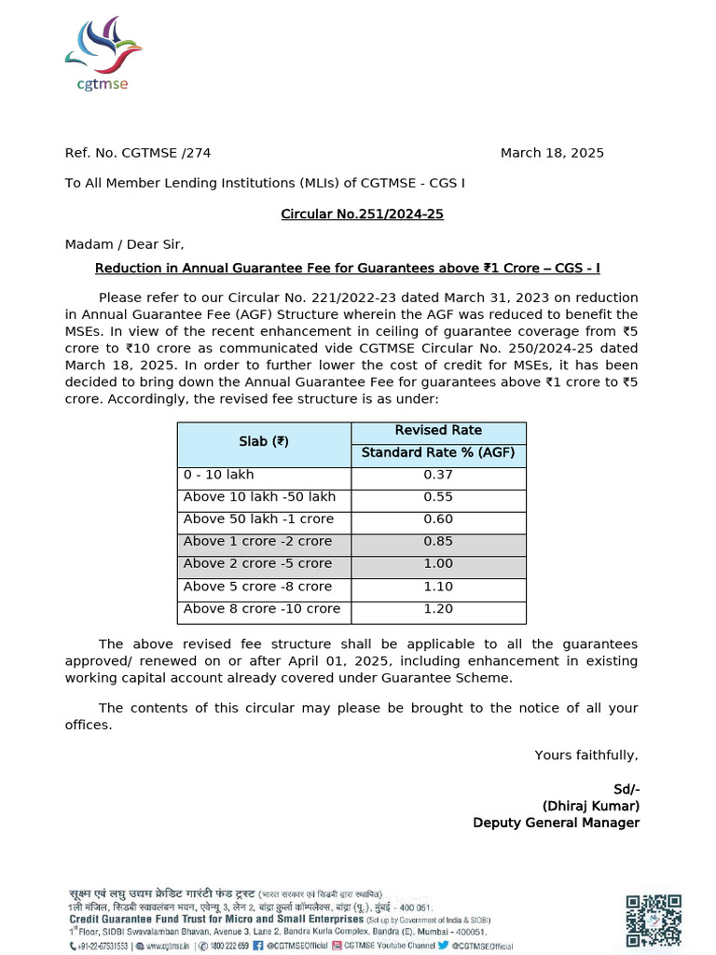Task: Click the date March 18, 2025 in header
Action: click(x=552, y=153)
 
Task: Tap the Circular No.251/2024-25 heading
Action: click(x=362, y=215)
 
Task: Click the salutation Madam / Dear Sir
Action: click(x=125, y=244)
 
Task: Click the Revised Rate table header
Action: click(x=438, y=431)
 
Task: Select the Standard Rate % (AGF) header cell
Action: click(x=438, y=454)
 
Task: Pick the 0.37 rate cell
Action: click(x=438, y=475)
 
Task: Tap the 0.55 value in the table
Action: click(x=438, y=497)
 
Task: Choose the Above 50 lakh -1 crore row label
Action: click(x=258, y=519)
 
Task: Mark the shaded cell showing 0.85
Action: click(x=438, y=542)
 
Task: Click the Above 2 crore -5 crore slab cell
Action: click(x=257, y=564)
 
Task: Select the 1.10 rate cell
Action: click(x=438, y=587)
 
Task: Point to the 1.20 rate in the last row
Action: click(x=438, y=609)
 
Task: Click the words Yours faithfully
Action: click(x=586, y=754)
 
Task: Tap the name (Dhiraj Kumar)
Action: click(x=591, y=806)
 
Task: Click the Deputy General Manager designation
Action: click(x=556, y=823)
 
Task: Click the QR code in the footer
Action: click(x=653, y=920)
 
